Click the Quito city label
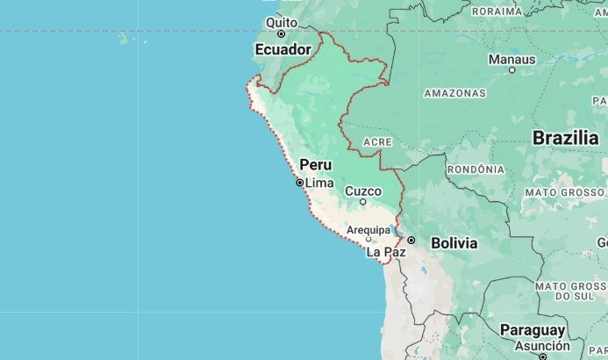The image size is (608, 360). coord(282,22)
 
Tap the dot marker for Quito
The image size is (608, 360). coord(282,34)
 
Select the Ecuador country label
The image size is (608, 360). coord(283,50)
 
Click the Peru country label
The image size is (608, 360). coord(316,164)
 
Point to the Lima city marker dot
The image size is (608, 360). coord(299,183)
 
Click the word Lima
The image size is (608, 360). coord(319,183)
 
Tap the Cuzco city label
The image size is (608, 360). coord(363,191)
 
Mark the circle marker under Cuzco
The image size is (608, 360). coord(363,202)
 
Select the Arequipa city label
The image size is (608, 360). coord(368,230)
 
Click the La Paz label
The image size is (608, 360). coord(386,252)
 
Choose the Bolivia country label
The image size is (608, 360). coord(454,242)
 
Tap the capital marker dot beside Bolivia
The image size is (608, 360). coord(411,240)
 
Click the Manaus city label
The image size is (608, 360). coord(511,59)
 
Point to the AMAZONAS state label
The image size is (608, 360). coord(454,92)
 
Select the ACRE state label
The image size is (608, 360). coord(377,141)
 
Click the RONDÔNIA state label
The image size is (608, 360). coord(476,169)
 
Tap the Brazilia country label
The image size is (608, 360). coord(565,138)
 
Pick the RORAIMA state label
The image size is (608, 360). coord(497,11)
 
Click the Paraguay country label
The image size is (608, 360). coord(533,329)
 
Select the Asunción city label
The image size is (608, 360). coord(541,346)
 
